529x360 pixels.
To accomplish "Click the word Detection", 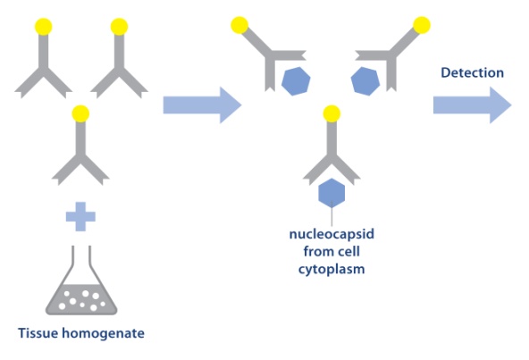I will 472,72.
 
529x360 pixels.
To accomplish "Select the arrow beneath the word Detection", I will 471,105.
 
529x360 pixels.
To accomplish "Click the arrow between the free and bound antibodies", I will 201,105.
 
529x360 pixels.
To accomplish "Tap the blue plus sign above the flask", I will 80,214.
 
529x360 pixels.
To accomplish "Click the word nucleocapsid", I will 332,236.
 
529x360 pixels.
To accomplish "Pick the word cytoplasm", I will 332,268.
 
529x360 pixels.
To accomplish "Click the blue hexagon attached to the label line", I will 332,191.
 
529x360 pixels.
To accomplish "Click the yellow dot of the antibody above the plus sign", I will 80,114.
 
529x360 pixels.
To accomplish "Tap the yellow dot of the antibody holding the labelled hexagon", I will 332,113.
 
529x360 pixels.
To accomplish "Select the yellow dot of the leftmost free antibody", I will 41,27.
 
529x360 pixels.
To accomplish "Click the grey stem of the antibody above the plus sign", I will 80,138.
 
